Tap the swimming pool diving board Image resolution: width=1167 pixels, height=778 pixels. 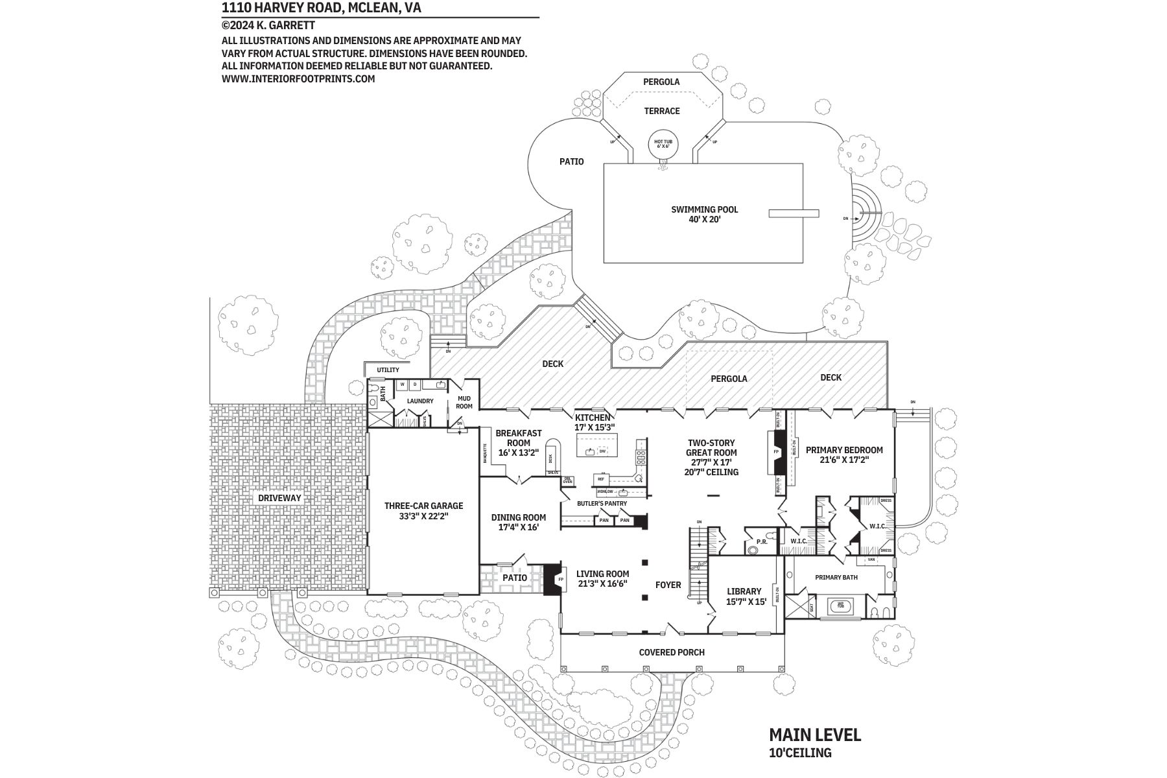coord(794,213)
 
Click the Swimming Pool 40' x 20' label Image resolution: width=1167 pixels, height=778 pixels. coord(704,215)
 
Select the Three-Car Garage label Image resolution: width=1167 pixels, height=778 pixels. coord(423,511)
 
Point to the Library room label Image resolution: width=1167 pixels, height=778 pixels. coord(744,596)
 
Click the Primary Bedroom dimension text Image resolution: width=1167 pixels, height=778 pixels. coord(844,460)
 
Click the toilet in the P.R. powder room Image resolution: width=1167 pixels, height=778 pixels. coord(753,550)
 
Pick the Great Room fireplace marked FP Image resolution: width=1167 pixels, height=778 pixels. coord(778,452)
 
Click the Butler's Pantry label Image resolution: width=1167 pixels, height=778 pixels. coord(602,503)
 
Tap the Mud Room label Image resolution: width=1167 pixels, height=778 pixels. coord(464,402)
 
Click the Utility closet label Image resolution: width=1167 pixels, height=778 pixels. coord(388,370)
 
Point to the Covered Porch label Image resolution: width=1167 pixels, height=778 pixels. coord(672,652)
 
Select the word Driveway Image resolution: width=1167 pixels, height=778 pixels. coord(279,498)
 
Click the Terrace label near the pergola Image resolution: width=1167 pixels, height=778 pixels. coord(661,111)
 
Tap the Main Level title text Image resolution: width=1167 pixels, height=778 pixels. coord(814,735)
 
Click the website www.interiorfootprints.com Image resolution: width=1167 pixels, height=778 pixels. coord(298,79)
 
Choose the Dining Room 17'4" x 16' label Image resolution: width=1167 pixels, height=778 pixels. coord(518,522)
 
